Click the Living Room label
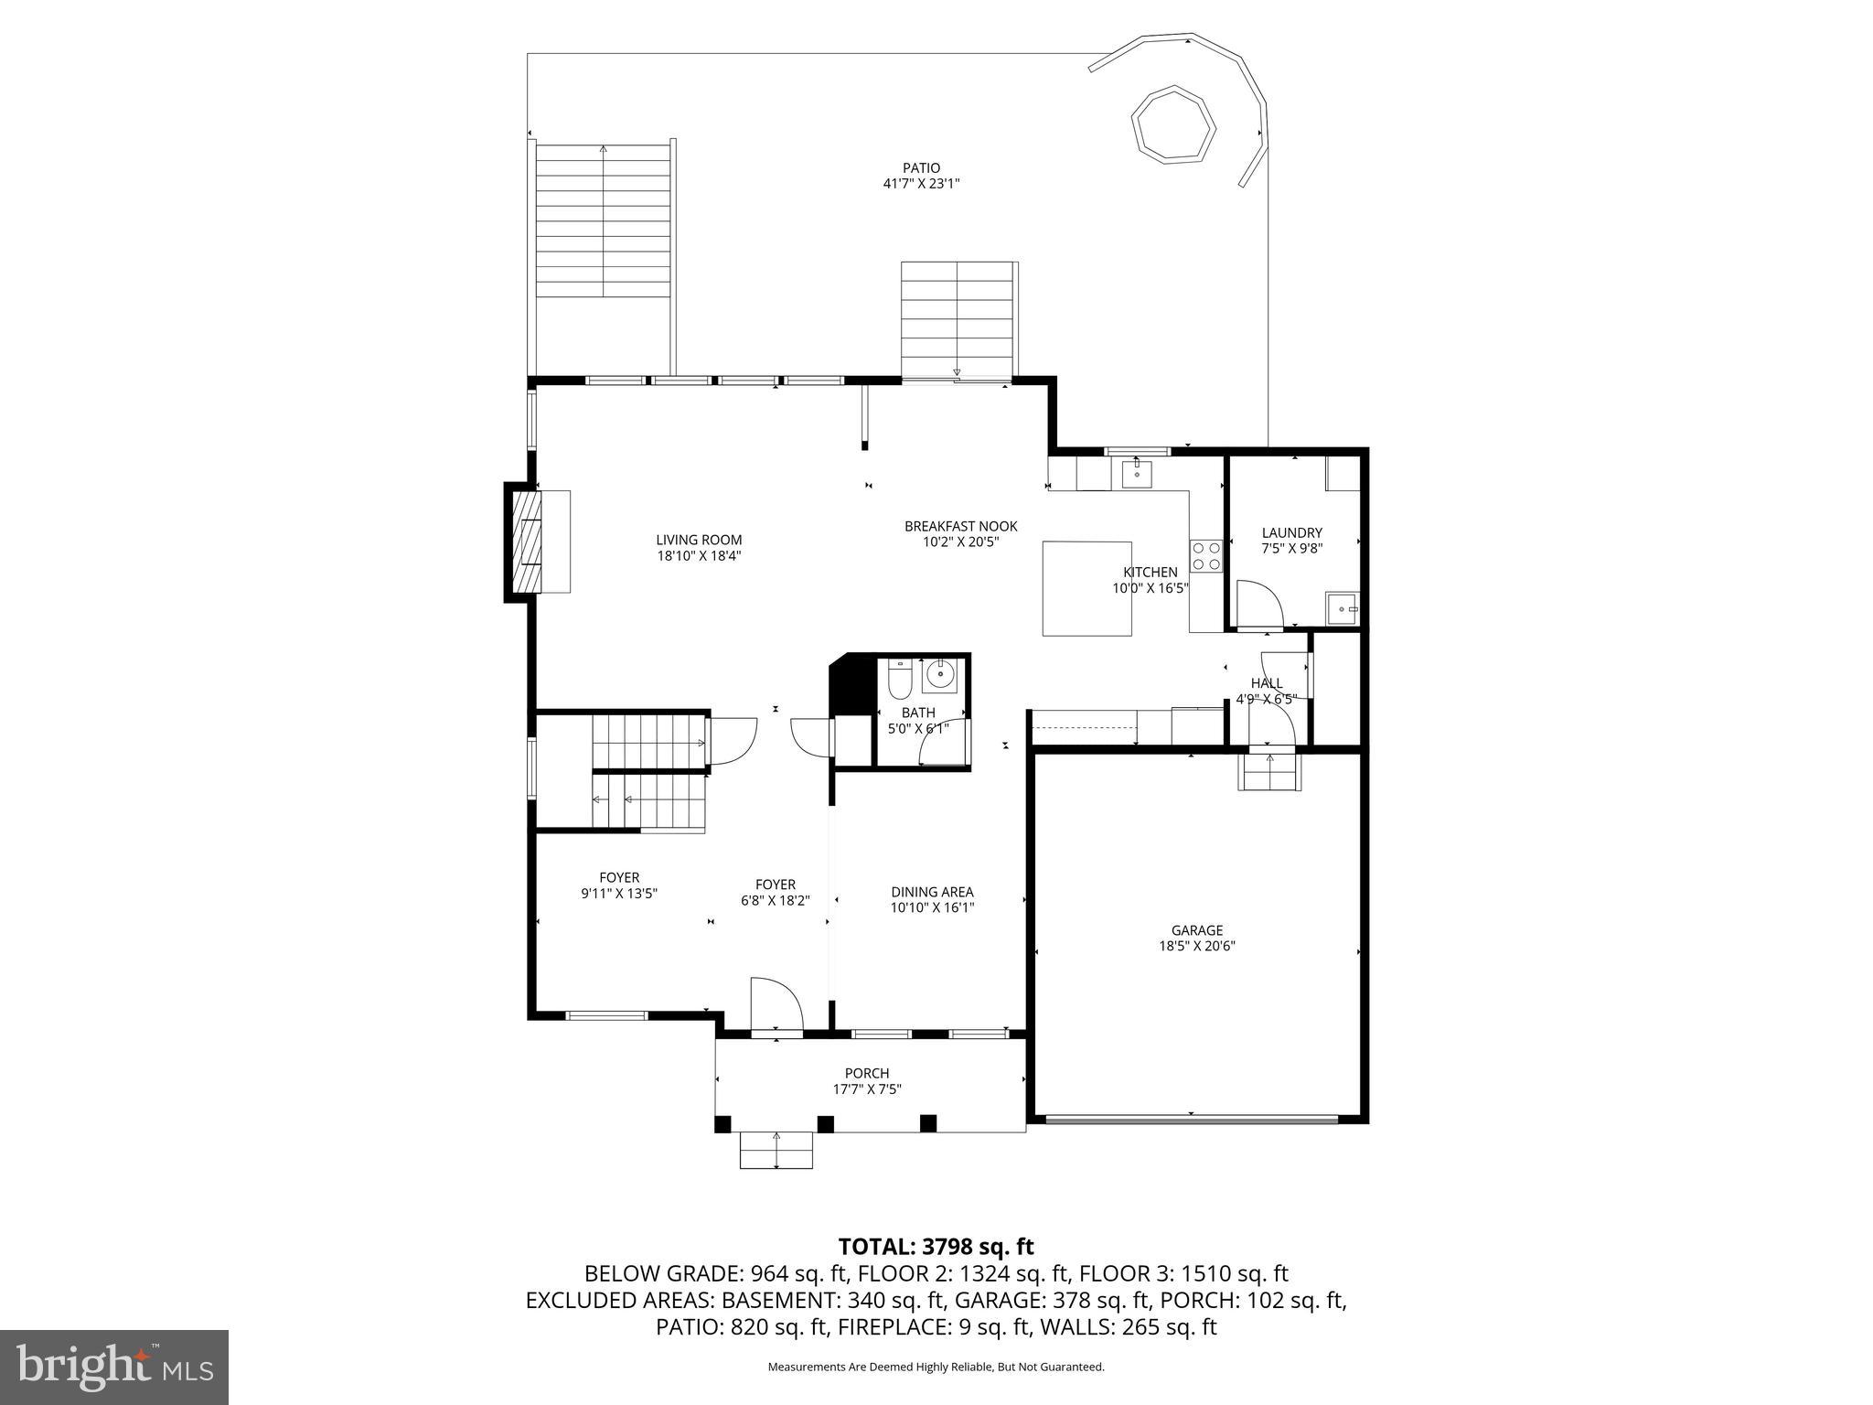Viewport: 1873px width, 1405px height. coord(699,540)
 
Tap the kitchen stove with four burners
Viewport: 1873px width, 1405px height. coord(1205,555)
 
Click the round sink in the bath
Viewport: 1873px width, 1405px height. coord(939,675)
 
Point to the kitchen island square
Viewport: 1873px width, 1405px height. coord(1086,588)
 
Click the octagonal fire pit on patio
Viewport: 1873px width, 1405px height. coord(1172,124)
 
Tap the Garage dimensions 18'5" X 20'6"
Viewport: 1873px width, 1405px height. coord(1197,947)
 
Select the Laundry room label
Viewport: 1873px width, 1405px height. coord(1291,532)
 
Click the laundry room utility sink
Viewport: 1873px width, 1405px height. coord(1343,608)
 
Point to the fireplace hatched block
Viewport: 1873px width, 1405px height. coord(524,542)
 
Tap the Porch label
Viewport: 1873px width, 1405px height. coord(866,1073)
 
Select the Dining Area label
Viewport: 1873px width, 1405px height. coord(932,892)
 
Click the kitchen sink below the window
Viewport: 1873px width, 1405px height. coord(1136,475)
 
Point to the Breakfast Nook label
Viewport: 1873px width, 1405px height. coord(960,526)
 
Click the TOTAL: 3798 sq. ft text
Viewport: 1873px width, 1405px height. coord(936,1247)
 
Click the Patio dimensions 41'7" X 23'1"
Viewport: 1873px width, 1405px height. coord(921,184)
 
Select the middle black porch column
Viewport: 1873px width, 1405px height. coord(825,1123)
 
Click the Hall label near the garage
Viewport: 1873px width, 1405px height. coord(1266,683)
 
